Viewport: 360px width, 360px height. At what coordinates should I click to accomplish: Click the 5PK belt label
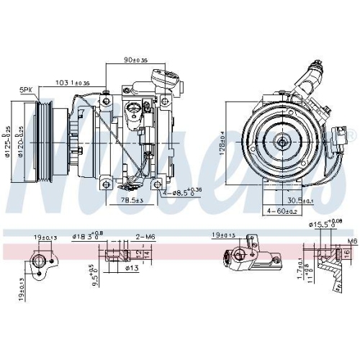pos(26,89)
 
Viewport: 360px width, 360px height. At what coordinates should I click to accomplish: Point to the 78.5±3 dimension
pos(132,199)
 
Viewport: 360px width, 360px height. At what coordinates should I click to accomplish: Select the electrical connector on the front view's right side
pos(341,135)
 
